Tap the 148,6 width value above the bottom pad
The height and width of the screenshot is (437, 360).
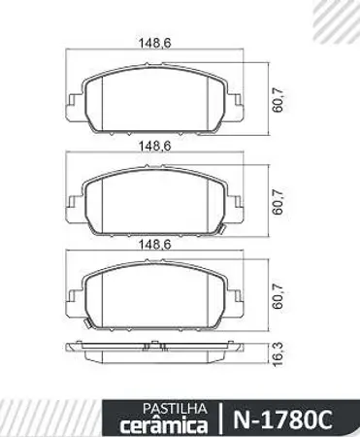point(152,245)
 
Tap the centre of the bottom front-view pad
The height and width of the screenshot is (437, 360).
point(152,296)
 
